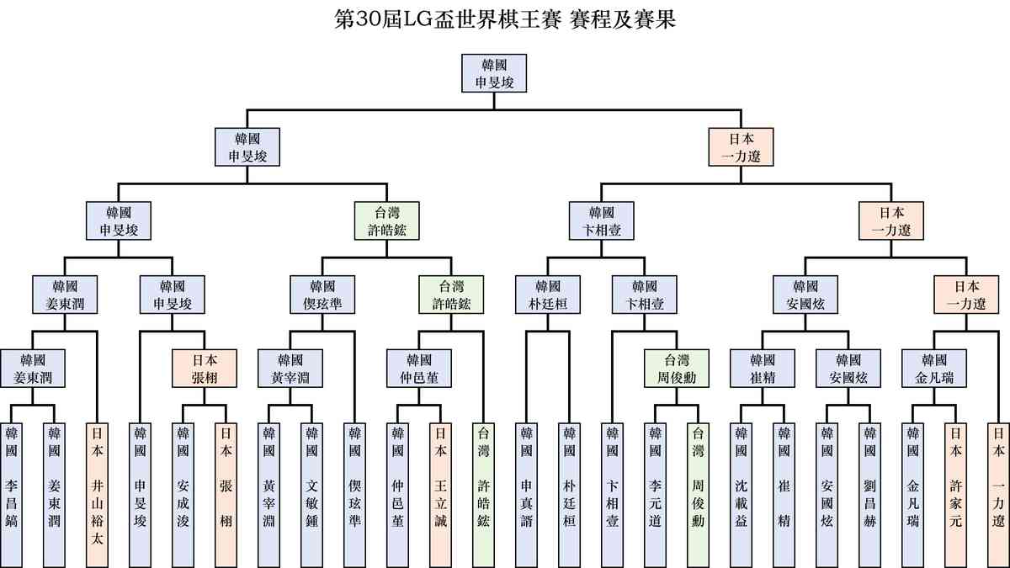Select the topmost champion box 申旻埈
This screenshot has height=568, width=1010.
(495, 73)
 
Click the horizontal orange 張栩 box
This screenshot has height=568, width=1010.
(205, 368)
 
